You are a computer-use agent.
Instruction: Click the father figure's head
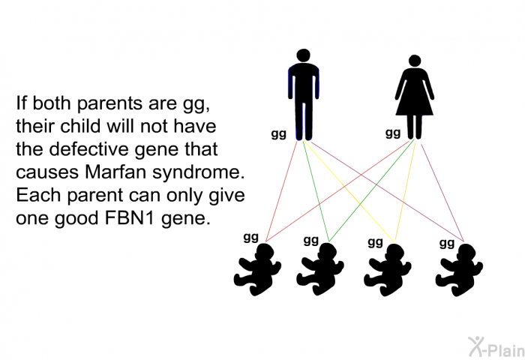[303, 55]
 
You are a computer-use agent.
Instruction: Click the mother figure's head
[415, 61]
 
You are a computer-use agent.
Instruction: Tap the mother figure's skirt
[415, 100]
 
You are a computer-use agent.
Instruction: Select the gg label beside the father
[278, 134]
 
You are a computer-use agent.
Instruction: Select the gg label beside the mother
[393, 133]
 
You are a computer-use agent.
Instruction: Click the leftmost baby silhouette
[257, 269]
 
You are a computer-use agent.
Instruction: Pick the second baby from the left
[320, 269]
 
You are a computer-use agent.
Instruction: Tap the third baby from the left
[388, 270]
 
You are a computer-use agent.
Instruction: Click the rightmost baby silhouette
[459, 270]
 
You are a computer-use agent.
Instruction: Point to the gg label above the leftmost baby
[251, 238]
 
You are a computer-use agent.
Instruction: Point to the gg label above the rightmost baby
[447, 243]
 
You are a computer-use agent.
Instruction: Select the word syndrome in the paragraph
[199, 173]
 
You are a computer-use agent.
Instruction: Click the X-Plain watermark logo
[496, 346]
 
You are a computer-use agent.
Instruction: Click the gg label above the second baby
[311, 240]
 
